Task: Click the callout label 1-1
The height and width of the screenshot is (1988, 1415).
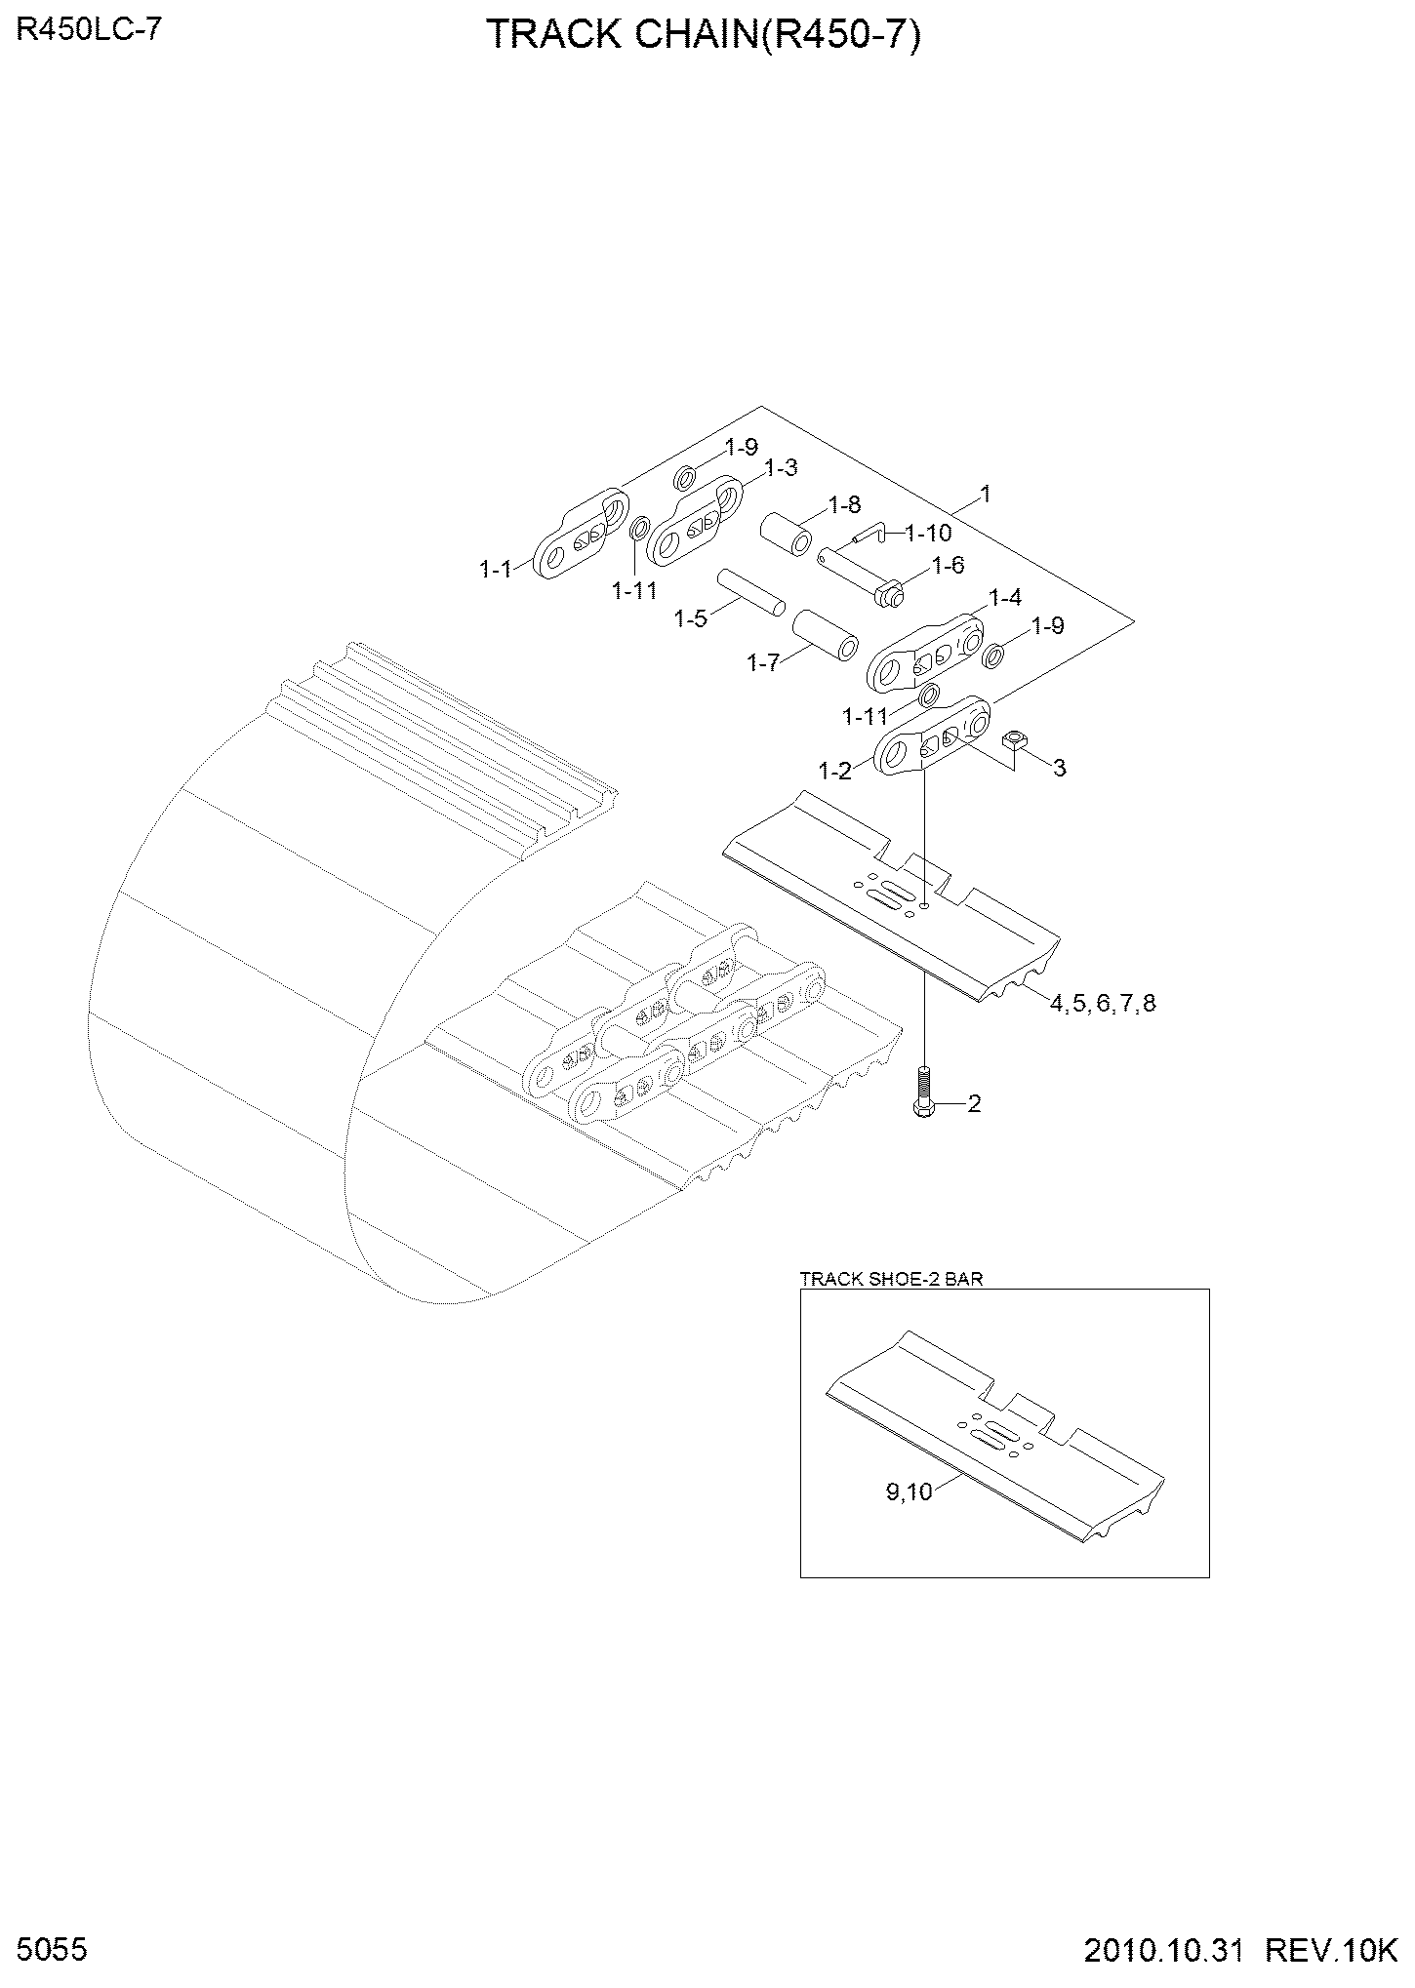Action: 496,569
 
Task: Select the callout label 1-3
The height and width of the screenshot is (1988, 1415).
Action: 781,469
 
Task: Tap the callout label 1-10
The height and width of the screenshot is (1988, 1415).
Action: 928,534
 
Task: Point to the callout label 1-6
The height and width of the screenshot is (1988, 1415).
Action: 948,565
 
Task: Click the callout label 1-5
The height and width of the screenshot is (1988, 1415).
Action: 691,618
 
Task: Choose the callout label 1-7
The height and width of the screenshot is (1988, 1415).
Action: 763,663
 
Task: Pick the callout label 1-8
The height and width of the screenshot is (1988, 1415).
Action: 844,504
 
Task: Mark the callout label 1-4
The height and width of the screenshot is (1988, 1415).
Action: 1005,597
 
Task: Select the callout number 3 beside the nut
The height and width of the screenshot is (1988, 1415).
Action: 1059,768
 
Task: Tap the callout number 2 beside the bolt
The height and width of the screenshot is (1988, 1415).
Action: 973,1103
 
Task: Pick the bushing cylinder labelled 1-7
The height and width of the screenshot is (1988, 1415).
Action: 826,637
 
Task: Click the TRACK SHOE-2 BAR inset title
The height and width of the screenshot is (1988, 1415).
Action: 891,1279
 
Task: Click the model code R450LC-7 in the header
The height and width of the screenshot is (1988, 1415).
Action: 89,30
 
